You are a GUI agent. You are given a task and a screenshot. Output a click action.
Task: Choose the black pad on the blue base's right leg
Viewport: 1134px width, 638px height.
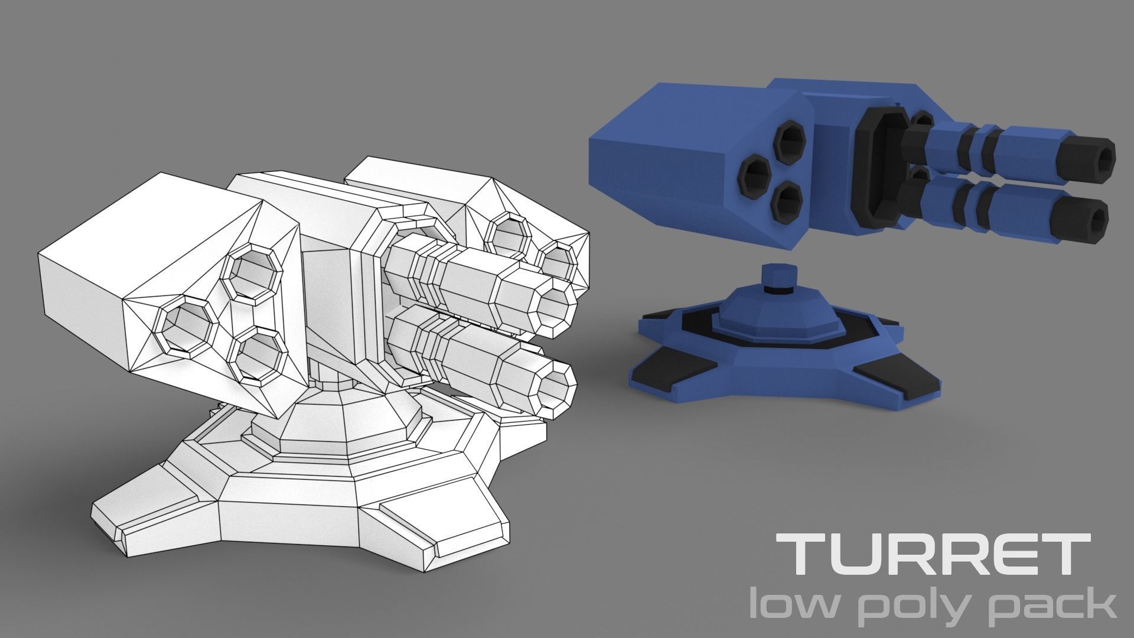tap(898, 378)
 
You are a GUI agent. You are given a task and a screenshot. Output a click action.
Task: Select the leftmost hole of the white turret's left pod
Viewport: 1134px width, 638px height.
tap(185, 325)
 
